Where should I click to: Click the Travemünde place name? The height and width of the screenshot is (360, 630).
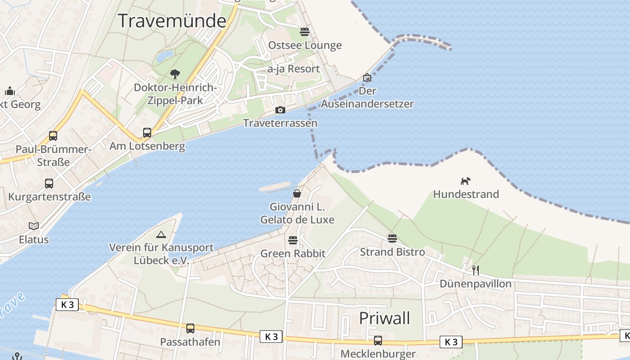coord(172,21)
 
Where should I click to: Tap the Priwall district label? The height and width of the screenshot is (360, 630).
coord(384,318)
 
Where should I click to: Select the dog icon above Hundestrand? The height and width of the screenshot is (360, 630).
coord(466,181)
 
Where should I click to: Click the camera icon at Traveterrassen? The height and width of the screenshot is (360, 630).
coord(280,110)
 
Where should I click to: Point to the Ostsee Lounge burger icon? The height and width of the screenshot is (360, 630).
coord(305,32)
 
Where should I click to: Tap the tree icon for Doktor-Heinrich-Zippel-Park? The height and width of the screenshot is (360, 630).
coord(175,74)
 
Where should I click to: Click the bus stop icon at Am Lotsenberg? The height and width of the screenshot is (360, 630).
coord(147,133)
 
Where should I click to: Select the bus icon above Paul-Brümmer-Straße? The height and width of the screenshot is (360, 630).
coord(53,136)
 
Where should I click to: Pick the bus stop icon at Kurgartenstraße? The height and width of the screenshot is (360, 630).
coord(49,184)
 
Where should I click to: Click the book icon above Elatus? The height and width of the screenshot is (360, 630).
coord(34,226)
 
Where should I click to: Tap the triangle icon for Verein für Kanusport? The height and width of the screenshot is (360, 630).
coord(161,234)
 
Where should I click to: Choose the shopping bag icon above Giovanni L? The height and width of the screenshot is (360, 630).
coord(297,194)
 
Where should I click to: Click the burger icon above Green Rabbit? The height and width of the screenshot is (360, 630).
coord(293,240)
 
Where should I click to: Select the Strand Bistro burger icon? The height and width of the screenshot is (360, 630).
coord(392,238)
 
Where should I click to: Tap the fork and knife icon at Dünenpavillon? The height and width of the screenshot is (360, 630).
coord(476,270)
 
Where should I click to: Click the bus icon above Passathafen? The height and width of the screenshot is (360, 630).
coord(190,328)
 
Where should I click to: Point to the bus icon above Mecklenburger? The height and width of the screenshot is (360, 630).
coord(378,341)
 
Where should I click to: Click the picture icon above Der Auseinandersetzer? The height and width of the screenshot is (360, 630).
coord(367,78)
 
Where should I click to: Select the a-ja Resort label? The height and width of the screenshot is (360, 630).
coord(293,69)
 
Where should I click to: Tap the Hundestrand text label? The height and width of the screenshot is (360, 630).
coord(466,194)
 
